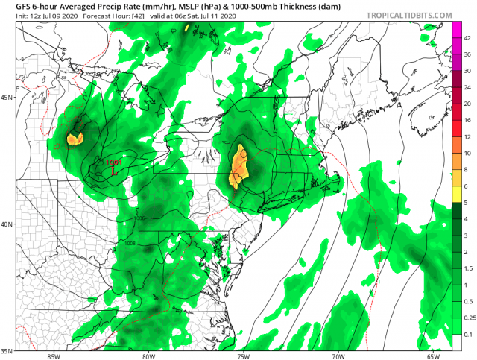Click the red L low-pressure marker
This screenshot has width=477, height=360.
(x=113, y=171)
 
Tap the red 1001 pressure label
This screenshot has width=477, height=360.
(x=114, y=162)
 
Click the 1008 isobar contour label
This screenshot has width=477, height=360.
(x=130, y=243)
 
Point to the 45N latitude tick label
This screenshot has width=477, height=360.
(x=8, y=98)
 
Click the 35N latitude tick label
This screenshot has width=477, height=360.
(x=8, y=350)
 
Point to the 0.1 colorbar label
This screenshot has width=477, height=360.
(x=468, y=335)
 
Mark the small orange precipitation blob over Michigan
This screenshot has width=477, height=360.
(x=75, y=139)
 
